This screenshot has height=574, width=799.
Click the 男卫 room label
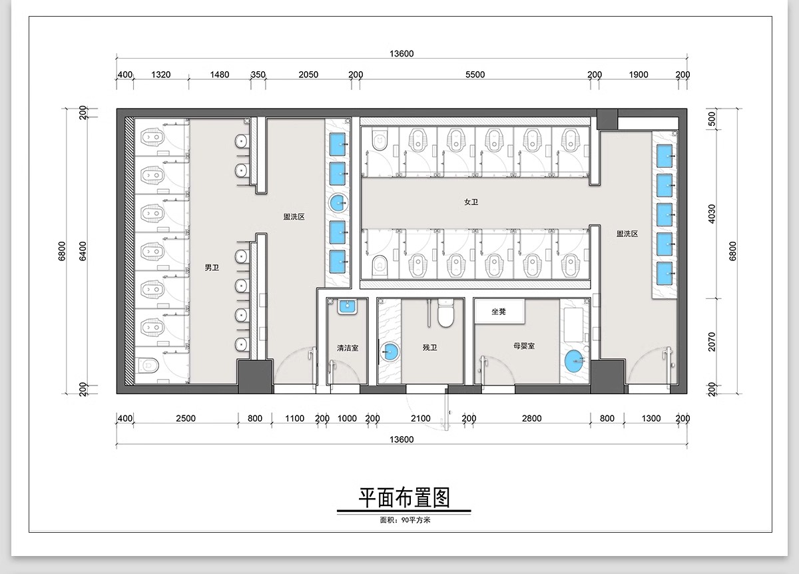pyautogui.click(x=212, y=268)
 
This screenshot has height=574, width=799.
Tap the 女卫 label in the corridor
pyautogui.click(x=471, y=202)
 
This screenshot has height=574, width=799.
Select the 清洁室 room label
pyautogui.click(x=348, y=348)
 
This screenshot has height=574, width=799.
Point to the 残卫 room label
pyautogui.click(x=429, y=348)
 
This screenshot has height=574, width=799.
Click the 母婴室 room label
pyautogui.click(x=524, y=347)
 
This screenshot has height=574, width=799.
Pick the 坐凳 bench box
pyautogui.click(x=499, y=312)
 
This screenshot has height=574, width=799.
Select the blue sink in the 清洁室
pyautogui.click(x=348, y=308)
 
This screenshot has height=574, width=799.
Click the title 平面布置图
pyautogui.click(x=404, y=497)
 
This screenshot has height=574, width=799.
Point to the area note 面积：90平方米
pyautogui.click(x=405, y=520)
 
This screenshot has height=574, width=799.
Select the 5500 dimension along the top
pyautogui.click(x=475, y=75)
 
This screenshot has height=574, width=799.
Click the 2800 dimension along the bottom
pyautogui.click(x=531, y=419)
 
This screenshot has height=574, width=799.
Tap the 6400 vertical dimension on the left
pyautogui.click(x=83, y=251)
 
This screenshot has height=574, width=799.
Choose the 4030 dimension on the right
pyautogui.click(x=712, y=214)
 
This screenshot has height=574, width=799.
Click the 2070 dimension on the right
pyautogui.click(x=712, y=341)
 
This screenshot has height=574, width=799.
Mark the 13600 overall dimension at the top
pyautogui.click(x=402, y=54)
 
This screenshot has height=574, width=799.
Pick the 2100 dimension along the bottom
pyautogui.click(x=421, y=419)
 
